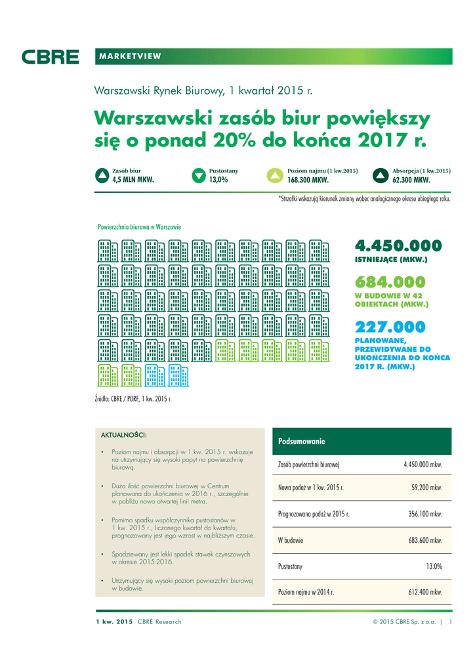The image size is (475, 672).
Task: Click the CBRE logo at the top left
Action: coord(50,57)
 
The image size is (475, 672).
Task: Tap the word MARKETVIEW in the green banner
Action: coord(130,56)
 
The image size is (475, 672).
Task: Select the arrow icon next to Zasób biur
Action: coord(101,175)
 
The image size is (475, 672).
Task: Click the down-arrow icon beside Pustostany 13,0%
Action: coord(199,175)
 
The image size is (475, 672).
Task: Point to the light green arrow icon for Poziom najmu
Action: coord(276,175)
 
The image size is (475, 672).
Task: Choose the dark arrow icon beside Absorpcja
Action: coord(381,175)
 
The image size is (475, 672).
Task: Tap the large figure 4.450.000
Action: coord(398,245)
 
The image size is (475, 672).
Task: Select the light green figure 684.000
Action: coord(390,282)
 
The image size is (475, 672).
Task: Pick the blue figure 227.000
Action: coord(390,327)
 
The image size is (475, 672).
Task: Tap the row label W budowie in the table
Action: coord(290,540)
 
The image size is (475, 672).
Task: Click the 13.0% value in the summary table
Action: coord(434,566)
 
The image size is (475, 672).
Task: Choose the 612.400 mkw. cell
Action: coord(423,592)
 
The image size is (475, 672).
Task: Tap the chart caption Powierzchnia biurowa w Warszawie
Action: coord(139,226)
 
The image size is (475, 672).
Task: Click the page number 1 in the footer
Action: coord(451,621)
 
